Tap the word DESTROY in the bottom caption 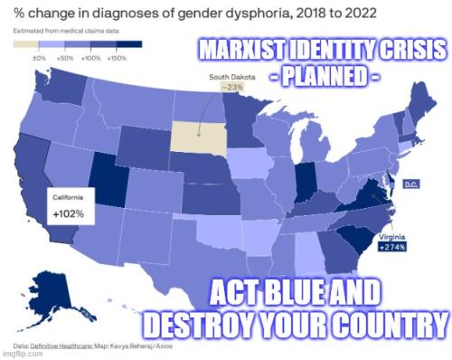206,323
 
